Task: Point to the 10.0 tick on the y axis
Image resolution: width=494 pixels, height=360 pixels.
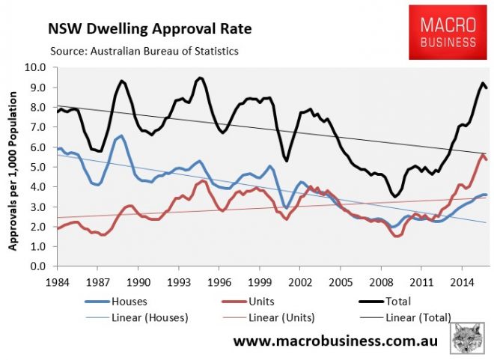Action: coord(34,67)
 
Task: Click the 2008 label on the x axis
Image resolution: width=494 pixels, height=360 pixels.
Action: coord(394,282)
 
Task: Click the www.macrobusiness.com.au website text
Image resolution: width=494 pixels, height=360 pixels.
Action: coord(335,341)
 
